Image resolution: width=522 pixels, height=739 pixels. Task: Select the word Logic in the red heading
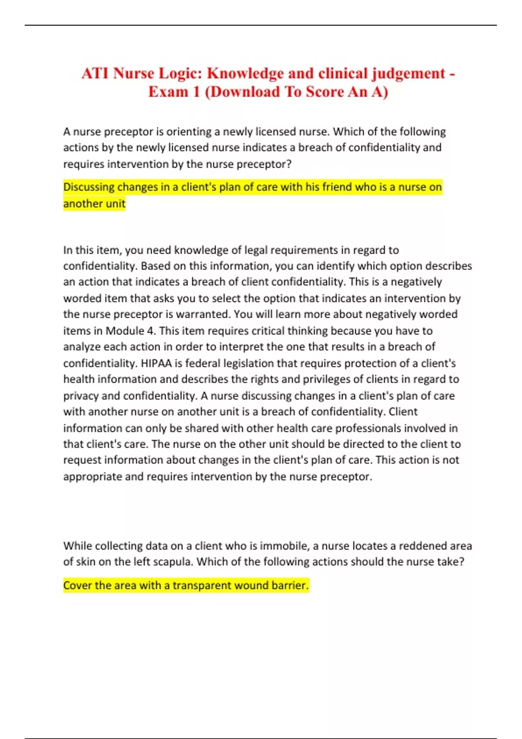tap(179, 73)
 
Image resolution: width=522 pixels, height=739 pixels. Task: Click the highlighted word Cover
tap(77, 586)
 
